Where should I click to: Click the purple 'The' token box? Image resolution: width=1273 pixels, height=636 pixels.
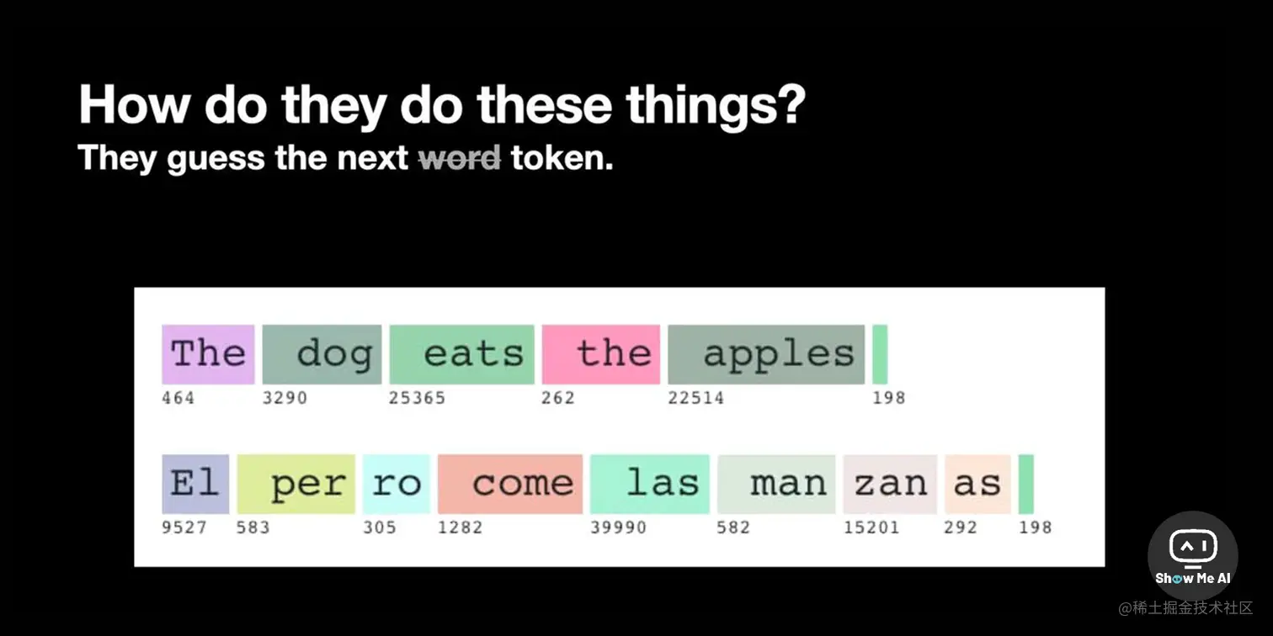tap(208, 354)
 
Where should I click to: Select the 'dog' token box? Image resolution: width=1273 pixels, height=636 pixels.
tap(322, 354)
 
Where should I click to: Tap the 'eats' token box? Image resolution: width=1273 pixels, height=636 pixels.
tap(462, 354)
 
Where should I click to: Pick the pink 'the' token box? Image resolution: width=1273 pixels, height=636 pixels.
tap(600, 354)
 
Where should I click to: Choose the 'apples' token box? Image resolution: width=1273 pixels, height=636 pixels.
tap(766, 354)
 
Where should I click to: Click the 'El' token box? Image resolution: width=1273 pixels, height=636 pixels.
tap(195, 484)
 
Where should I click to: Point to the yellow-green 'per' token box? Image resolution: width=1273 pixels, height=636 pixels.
tap(296, 484)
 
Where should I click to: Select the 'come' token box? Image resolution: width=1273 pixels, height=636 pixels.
tap(510, 484)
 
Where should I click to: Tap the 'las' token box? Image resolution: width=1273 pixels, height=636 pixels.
tap(650, 484)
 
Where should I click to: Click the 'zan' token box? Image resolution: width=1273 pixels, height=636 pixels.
tap(890, 484)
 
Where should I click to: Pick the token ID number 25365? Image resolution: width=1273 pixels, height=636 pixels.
tap(417, 398)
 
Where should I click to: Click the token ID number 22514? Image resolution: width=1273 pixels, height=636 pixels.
tap(696, 398)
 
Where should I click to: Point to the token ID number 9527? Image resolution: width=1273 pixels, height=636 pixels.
tap(184, 527)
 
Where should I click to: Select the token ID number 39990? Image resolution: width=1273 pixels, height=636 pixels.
tap(618, 527)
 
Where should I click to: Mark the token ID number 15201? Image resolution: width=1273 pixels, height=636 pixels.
tap(871, 527)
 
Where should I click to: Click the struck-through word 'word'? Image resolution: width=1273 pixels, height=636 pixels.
tap(460, 157)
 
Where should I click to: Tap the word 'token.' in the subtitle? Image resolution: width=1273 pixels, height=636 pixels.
tap(562, 157)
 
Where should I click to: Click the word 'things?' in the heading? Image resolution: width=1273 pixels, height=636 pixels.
tap(716, 106)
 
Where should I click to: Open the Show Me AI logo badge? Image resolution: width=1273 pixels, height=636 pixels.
tap(1193, 556)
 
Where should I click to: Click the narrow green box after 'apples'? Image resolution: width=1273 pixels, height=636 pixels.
tap(880, 354)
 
